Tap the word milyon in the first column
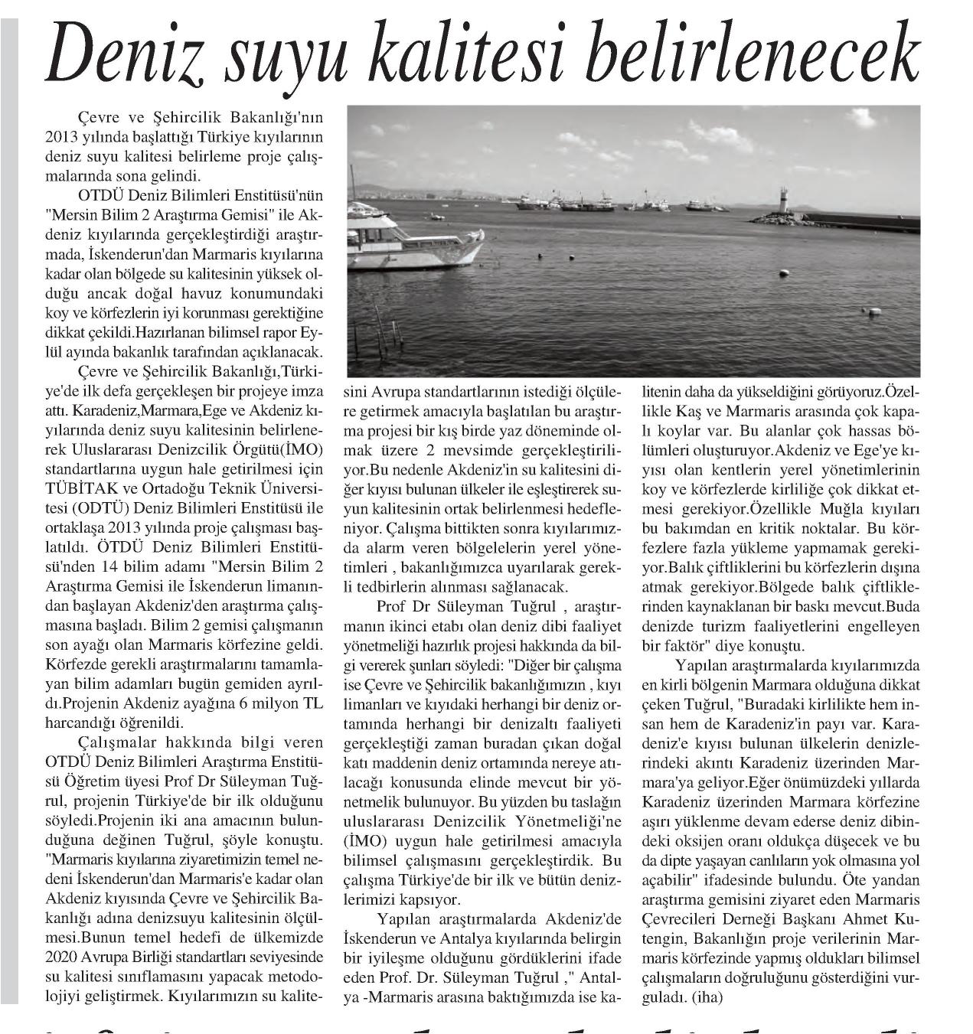pos(264,703)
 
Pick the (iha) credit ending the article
pos(707,997)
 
